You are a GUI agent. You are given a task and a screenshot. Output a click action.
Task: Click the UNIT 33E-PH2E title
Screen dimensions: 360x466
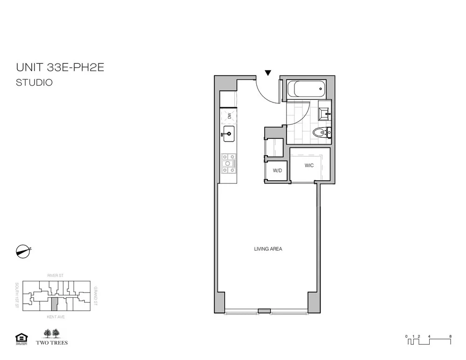pos(60,68)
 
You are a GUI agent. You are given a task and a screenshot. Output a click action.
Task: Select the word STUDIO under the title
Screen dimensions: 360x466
pos(34,83)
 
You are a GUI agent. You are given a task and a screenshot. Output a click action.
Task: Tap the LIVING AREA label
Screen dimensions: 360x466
pos(268,249)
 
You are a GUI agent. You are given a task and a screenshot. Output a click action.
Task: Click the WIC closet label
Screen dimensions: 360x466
pos(309,165)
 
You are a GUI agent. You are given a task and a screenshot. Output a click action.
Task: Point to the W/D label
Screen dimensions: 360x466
pos(277,171)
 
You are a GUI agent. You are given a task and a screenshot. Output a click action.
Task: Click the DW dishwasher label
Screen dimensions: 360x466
pos(229,116)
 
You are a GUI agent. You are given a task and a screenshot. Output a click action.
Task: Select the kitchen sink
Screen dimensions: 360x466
pos(228,135)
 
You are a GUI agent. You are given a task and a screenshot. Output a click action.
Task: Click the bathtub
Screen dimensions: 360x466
pos(306,88)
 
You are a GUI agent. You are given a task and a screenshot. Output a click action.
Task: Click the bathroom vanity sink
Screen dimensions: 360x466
pos(324,112)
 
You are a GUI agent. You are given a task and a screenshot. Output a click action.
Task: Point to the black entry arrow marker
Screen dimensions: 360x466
pos(268,73)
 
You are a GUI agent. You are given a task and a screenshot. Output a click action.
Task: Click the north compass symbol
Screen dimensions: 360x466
pos(23,250)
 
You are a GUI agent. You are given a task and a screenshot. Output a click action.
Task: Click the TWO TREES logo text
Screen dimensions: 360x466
pos(55,343)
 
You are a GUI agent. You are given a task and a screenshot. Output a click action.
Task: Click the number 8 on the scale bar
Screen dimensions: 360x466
pos(450,336)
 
